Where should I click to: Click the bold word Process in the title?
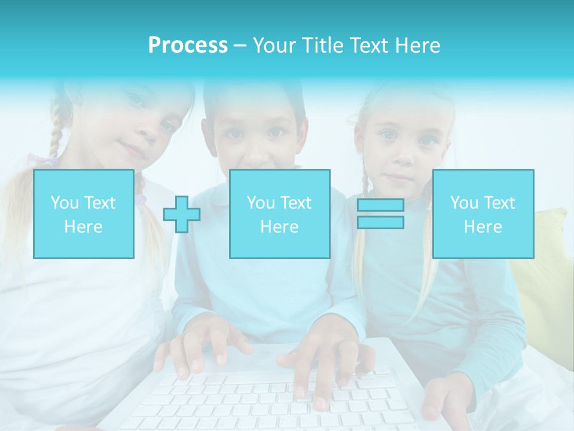pyautogui.click(x=188, y=45)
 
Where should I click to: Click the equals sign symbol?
pyautogui.click(x=380, y=214)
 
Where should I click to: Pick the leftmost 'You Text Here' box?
pyautogui.click(x=84, y=214)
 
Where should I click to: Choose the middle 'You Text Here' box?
pyautogui.click(x=280, y=214)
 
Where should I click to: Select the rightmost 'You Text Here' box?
pyautogui.click(x=483, y=214)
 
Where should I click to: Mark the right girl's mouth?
pyautogui.click(x=399, y=178)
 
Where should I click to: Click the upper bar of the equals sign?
pyautogui.click(x=380, y=205)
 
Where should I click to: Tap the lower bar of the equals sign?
pyautogui.click(x=380, y=222)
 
